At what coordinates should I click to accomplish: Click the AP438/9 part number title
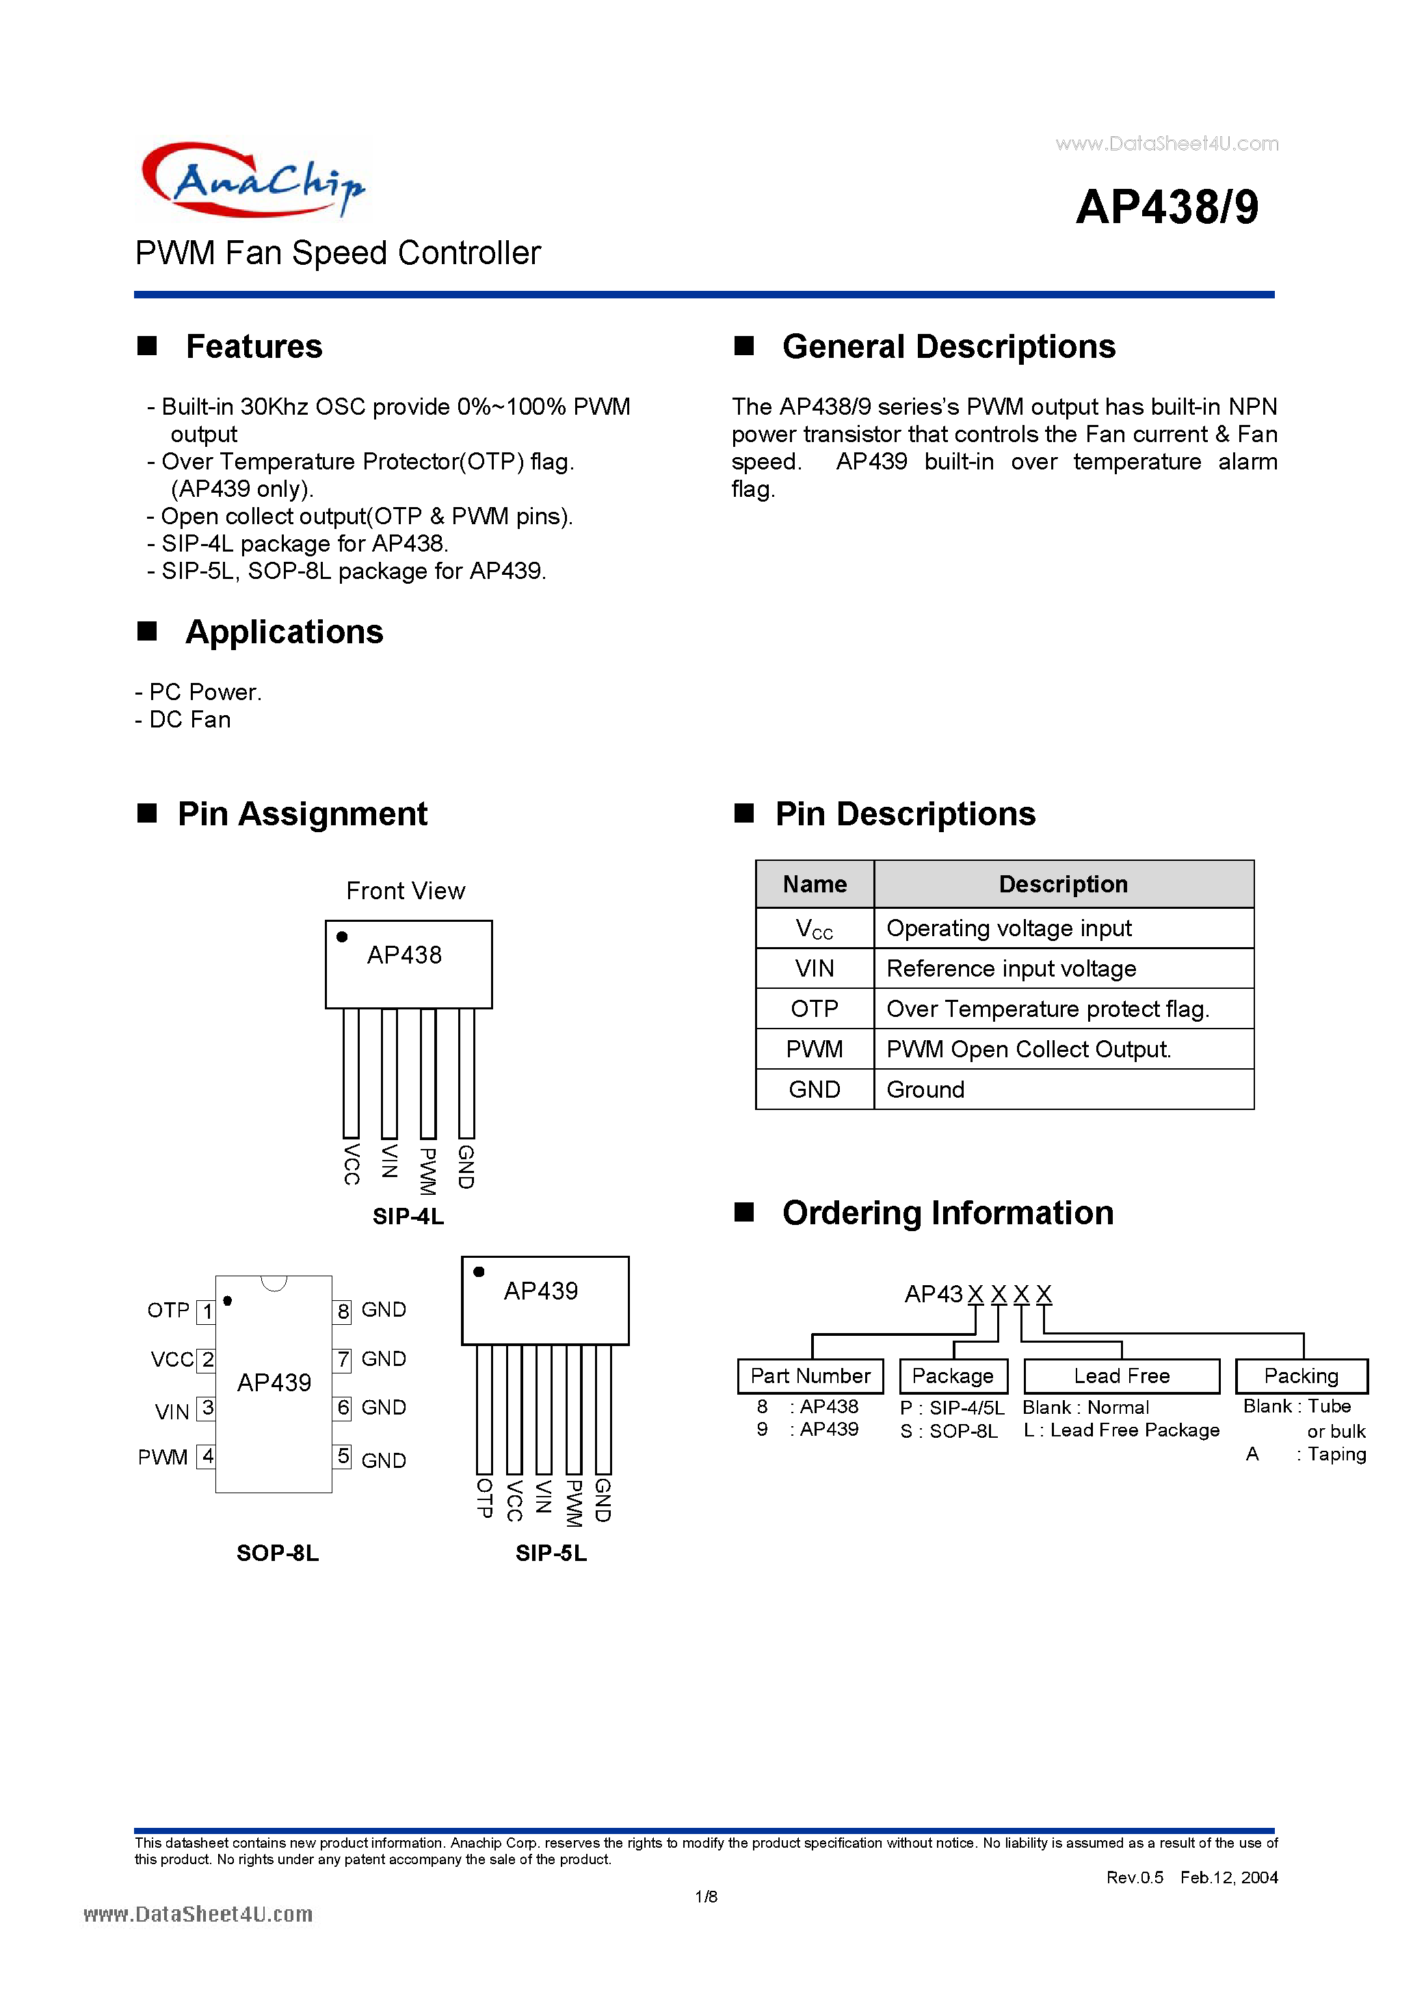(1167, 207)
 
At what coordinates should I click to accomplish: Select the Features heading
(254, 347)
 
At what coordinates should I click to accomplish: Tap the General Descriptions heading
(948, 347)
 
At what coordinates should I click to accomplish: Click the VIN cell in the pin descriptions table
(815, 968)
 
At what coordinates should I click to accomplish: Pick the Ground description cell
(1063, 1089)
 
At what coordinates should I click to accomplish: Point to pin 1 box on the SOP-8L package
(207, 1312)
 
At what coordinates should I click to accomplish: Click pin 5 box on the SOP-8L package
(343, 1456)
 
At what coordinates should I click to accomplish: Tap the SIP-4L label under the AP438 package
(408, 1216)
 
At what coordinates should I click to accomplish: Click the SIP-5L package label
(551, 1553)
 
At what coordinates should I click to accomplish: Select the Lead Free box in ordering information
(1121, 1376)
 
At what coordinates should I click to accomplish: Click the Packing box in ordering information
(1301, 1376)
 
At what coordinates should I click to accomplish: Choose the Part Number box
(810, 1376)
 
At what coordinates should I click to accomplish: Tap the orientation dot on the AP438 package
(343, 937)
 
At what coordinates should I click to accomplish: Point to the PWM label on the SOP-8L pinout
(163, 1457)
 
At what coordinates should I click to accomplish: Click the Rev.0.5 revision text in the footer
(1134, 1877)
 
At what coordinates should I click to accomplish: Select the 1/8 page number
(706, 1896)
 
